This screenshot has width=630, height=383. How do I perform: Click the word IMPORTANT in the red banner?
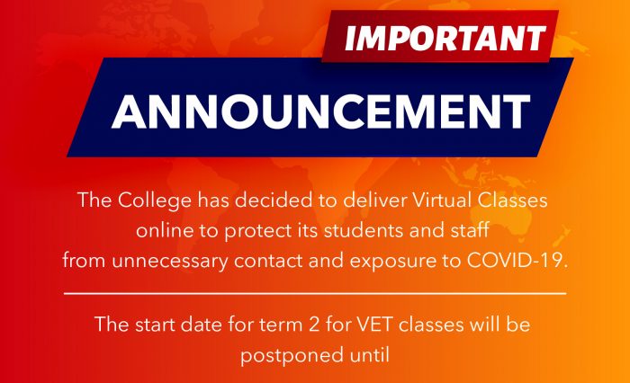pyautogui.click(x=445, y=38)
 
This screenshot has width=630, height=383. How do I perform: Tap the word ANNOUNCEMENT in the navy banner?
pyautogui.click(x=320, y=111)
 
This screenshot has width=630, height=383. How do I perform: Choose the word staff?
pyautogui.click(x=470, y=230)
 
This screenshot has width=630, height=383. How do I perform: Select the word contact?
pyautogui.click(x=268, y=261)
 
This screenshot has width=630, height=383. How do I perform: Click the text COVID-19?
pyautogui.click(x=517, y=261)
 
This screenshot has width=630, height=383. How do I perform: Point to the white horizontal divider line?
pyautogui.click(x=315, y=293)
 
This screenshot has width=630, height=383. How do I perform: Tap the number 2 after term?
pyautogui.click(x=314, y=325)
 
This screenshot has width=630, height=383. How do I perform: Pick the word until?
pyautogui.click(x=367, y=355)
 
